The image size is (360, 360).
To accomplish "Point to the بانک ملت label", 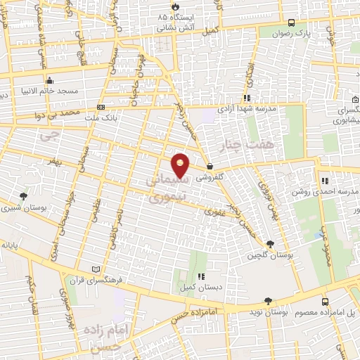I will tap(124, 108).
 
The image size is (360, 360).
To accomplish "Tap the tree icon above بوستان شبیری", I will tap(24, 196).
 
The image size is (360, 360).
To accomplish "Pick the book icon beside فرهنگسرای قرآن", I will tap(96, 269).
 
